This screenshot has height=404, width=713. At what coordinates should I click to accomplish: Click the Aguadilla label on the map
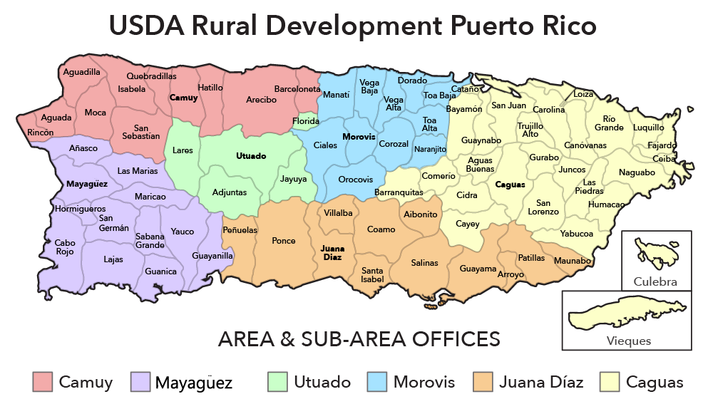(82, 72)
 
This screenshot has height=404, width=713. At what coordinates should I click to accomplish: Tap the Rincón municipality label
(41, 133)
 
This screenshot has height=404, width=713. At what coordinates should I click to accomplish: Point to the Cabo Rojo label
(65, 247)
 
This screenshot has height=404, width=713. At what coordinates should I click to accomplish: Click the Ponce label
(284, 241)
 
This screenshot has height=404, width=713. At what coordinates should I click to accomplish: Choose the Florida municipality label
(306, 122)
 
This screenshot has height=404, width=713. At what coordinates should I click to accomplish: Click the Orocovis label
(355, 180)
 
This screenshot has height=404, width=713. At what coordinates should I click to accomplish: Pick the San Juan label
(509, 105)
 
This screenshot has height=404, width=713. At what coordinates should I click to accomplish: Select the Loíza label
(583, 93)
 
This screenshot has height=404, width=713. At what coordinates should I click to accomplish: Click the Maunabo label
(573, 261)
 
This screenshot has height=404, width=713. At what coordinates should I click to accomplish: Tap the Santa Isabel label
(372, 275)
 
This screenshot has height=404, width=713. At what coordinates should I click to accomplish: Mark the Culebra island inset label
(655, 281)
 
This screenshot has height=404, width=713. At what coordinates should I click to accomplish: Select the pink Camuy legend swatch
(43, 382)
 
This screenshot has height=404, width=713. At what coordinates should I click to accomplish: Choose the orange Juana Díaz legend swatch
(483, 382)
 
